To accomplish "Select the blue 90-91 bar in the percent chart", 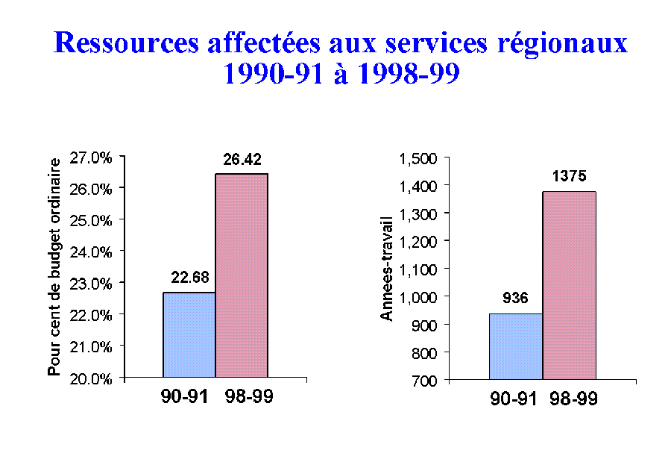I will pyautogui.click(x=189, y=335).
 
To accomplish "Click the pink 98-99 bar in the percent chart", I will pyautogui.click(x=242, y=276).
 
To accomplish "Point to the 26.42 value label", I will pyautogui.click(x=242, y=159).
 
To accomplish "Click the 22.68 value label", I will pyautogui.click(x=189, y=278).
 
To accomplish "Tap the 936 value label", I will pyautogui.click(x=515, y=299).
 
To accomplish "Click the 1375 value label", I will pyautogui.click(x=570, y=177).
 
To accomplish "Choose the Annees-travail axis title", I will pyautogui.click(x=386, y=269).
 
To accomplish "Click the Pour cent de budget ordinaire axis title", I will pyautogui.click(x=54, y=266).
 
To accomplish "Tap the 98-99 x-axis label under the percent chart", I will pyautogui.click(x=249, y=396).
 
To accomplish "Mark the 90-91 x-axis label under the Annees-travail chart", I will pyautogui.click(x=515, y=399).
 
